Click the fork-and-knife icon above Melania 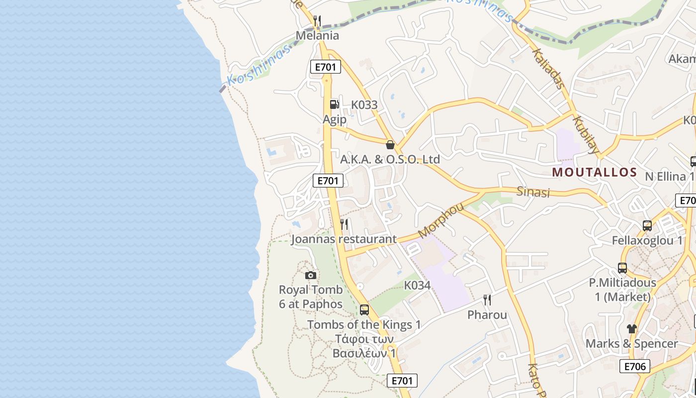(317, 21)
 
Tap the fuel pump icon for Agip (335, 104)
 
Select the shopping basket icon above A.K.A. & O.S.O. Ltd (390, 145)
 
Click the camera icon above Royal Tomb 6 (311, 275)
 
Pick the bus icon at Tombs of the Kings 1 (364, 310)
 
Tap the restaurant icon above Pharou (487, 300)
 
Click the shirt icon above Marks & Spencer (631, 329)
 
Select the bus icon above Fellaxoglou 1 (647, 226)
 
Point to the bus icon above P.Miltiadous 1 (622, 268)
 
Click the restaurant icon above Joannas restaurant (344, 224)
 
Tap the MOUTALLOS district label (595, 173)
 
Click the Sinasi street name (533, 191)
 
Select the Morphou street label (441, 220)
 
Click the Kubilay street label (587, 134)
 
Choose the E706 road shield (635, 367)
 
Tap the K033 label (364, 105)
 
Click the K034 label (417, 286)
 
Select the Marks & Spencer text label (631, 344)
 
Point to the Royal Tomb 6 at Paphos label (311, 297)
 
